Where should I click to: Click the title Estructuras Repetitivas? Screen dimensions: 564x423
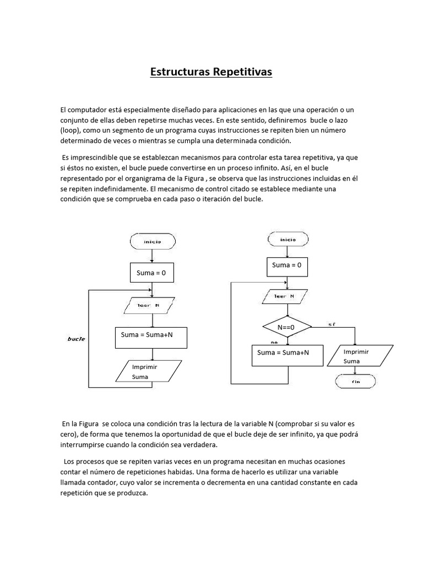pos(211,72)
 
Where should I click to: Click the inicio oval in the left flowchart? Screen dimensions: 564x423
pos(153,241)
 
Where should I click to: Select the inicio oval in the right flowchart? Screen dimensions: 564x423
pos(288,239)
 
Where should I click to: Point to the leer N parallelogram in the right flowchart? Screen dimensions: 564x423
pos(287,297)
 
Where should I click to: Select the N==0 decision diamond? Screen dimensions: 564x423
pos(286,327)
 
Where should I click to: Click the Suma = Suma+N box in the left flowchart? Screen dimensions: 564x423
pos(151,337)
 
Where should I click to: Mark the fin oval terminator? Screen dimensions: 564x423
pos(355,381)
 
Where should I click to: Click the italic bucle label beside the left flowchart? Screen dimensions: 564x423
pos(76,339)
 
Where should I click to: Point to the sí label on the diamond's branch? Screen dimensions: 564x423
pos(331,323)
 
